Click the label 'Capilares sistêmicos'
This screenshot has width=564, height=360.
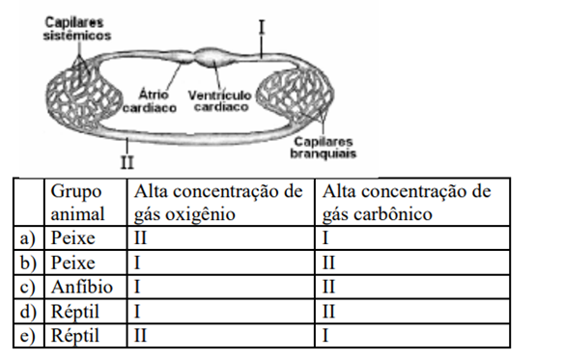pos(77,29)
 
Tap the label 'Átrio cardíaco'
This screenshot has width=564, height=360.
pos(150,101)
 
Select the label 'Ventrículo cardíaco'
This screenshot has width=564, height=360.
pos(220,101)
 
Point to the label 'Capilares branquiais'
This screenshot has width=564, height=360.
pos(323,148)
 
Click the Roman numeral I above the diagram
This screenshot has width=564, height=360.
pos(262,27)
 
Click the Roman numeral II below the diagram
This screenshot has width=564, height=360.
pos(127,162)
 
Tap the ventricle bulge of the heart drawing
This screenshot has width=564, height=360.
pos(212,58)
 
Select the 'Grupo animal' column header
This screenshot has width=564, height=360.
pos(77,203)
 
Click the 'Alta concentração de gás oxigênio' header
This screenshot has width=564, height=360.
pos(218,203)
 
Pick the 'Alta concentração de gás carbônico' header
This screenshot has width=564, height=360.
pos(407,203)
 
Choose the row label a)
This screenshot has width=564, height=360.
pos(28,238)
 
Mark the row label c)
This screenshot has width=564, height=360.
pos(28,288)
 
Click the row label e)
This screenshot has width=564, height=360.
pos(28,336)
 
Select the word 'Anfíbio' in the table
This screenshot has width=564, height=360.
pos(82,287)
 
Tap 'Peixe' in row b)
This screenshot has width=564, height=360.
pos(73,263)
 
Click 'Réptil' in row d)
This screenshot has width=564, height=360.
pos(74,312)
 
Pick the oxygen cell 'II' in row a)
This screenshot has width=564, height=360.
pos(140,238)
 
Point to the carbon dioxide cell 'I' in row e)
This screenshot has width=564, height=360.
pos(325,336)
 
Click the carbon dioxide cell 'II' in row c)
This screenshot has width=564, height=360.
pos(328,287)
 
